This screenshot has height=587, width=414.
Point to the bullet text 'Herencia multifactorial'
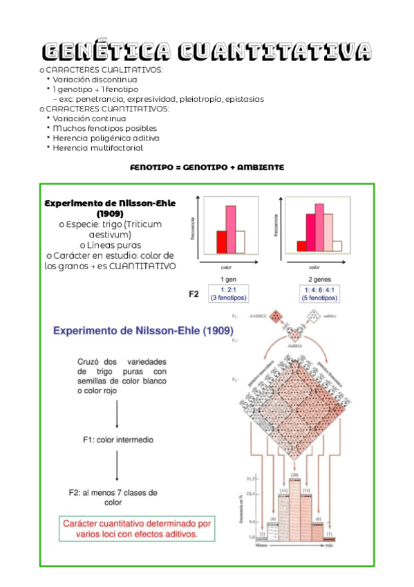coord(98,147)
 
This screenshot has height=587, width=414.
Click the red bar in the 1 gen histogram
coord(221,242)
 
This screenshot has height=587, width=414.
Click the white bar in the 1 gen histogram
coord(241,242)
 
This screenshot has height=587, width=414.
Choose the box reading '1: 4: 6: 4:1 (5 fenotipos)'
coord(319,293)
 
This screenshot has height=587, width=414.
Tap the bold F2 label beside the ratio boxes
coord(194,293)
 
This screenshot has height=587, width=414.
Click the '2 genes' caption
coord(319,278)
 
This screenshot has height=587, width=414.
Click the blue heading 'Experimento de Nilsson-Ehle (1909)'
coord(142,331)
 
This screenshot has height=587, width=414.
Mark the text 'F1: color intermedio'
coord(118,440)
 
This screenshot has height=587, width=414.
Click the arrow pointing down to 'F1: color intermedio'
coord(117,415)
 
